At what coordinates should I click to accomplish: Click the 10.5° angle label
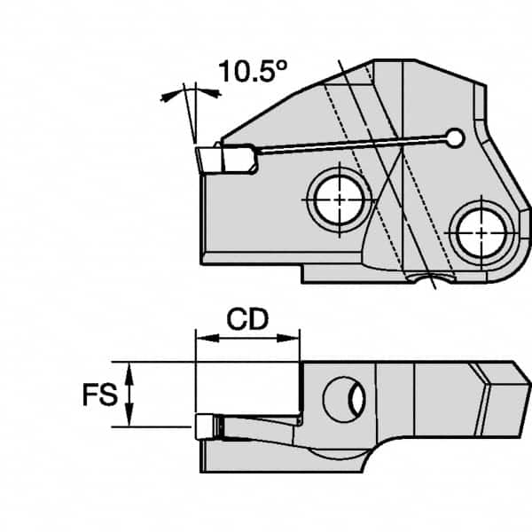point(248,72)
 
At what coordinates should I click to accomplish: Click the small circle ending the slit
point(456,137)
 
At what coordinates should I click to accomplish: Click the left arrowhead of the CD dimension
point(201,337)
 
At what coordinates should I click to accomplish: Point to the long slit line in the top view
point(355,145)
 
